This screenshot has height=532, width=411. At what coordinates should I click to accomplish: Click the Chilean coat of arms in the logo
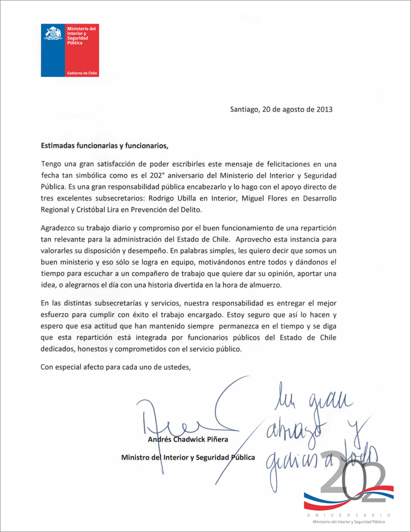pyautogui.click(x=53, y=34)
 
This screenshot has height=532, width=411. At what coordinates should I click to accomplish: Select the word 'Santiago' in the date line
pyautogui.click(x=245, y=109)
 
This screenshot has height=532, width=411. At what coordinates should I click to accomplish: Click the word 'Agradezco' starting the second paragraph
pyautogui.click(x=58, y=227)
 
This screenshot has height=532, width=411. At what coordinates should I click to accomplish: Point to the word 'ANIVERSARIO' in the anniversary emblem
pyautogui.click(x=349, y=516)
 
